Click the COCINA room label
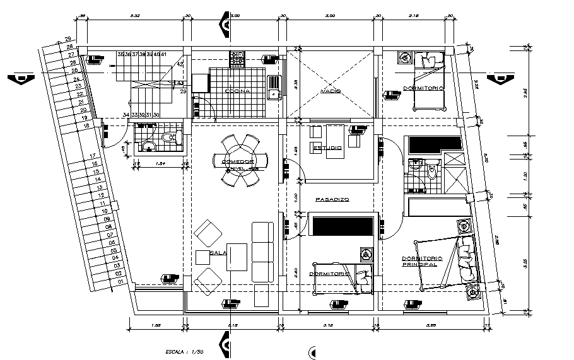click(x=237, y=91)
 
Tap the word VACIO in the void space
click(x=331, y=91)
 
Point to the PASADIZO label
click(x=332, y=199)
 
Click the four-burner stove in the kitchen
click(x=237, y=59)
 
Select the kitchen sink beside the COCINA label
click(x=274, y=88)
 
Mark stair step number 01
click(x=120, y=282)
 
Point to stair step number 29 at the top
click(x=67, y=40)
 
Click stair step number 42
click(x=180, y=64)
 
